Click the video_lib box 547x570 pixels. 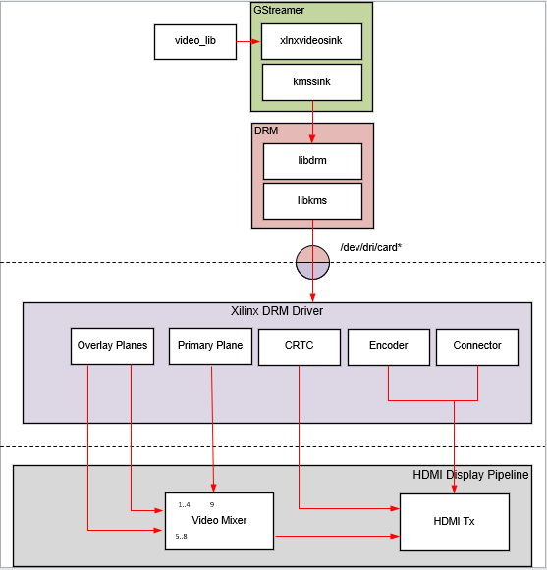[x=195, y=41]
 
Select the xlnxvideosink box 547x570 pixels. [x=312, y=41]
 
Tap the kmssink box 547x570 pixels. [x=312, y=82]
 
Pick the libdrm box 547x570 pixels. [x=312, y=160]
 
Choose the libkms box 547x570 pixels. [x=312, y=201]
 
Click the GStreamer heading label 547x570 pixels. [x=280, y=9]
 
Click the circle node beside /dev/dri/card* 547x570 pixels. [x=313, y=262]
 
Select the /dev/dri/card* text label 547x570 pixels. [x=370, y=248]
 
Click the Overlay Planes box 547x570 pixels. [x=112, y=346]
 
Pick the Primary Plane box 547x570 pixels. [x=210, y=346]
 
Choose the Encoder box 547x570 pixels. [x=388, y=347]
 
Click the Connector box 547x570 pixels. [x=477, y=347]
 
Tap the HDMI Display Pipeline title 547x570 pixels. [x=470, y=475]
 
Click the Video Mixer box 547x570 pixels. [x=219, y=520]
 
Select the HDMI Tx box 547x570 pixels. [x=454, y=521]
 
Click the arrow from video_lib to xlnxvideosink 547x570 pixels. [x=249, y=41]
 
